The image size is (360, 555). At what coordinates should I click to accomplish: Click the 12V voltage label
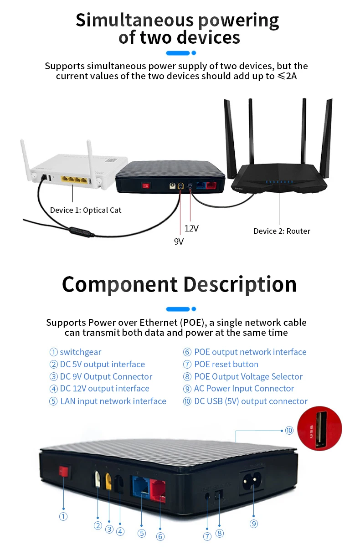[191, 228]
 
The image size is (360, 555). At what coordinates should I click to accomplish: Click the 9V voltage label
[179, 242]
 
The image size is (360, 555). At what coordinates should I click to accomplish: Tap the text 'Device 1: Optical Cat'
[86, 210]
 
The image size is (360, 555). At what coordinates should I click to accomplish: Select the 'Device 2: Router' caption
[282, 231]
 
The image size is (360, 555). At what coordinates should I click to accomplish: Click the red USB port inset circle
[319, 428]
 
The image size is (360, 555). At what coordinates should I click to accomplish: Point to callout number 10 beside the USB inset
[289, 430]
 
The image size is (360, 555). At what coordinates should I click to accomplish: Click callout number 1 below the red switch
[63, 516]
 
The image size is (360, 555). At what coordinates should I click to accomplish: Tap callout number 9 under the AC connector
[254, 524]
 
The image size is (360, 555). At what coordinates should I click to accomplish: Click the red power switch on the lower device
[64, 471]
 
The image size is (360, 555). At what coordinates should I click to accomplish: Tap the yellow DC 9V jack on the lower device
[108, 481]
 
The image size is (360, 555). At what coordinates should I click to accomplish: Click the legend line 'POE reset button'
[226, 364]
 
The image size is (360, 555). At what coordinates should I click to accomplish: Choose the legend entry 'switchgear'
[81, 352]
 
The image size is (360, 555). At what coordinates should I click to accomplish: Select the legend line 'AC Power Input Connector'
[244, 389]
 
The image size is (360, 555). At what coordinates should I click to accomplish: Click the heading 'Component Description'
[179, 284]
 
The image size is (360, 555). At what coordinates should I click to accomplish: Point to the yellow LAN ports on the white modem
[74, 180]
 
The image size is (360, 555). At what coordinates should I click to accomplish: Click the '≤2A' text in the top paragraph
[287, 76]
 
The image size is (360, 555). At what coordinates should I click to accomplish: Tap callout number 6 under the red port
[160, 536]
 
